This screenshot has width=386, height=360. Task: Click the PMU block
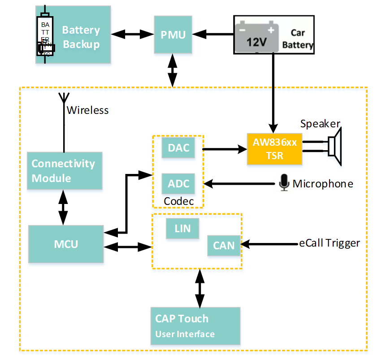point(173,35)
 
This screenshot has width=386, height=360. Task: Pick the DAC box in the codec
point(178,148)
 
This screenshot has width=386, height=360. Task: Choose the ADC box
point(178,183)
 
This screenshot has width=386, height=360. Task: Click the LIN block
point(182,229)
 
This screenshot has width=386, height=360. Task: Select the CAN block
point(224,245)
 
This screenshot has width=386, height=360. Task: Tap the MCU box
point(66,244)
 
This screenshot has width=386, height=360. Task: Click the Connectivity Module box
point(65,170)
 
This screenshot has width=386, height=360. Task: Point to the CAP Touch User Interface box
point(195,326)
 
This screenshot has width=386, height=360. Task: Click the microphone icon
point(284,183)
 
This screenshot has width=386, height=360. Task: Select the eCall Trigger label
point(330,243)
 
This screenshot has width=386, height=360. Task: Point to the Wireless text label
point(87,110)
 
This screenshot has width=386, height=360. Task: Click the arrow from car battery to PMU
point(213,33)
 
